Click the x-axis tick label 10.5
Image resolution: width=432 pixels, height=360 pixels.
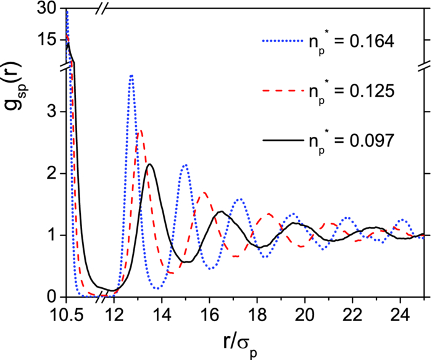click(x=65, y=313)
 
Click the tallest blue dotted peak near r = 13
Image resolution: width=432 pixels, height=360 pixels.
click(x=131, y=76)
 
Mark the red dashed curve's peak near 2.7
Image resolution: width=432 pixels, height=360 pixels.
click(x=141, y=130)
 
